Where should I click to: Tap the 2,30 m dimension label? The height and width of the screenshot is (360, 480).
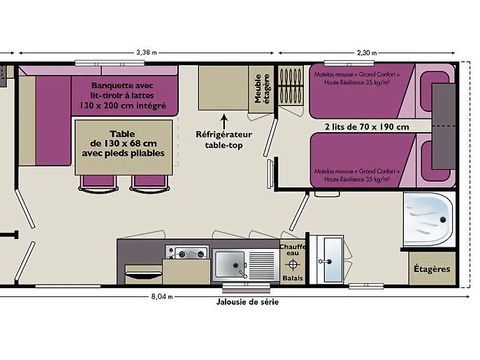tap(367, 52)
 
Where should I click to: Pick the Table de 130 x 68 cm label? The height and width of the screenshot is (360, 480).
tap(122, 147)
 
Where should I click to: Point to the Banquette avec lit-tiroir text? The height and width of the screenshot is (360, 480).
tap(125, 96)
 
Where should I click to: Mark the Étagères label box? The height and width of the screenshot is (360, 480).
tap(430, 269)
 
